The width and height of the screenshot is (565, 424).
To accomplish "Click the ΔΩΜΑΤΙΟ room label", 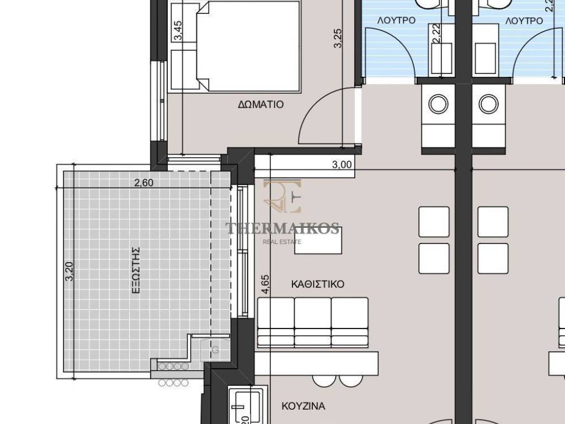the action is coord(261,104).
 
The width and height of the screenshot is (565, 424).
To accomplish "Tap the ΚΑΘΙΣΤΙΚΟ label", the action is coord(317,284).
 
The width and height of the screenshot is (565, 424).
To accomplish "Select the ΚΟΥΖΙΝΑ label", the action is coord(303,406).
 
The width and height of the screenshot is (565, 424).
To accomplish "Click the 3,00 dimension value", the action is coord(342,165).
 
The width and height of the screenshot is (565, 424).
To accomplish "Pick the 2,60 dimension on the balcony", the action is coord(143,183).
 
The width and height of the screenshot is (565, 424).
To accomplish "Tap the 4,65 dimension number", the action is coord(265,285).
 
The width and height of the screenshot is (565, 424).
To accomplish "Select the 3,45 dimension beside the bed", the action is coord(178,31).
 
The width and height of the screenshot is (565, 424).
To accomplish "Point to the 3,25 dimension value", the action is coord(338,38).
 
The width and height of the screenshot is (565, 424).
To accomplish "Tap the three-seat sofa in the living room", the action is coord(313,322).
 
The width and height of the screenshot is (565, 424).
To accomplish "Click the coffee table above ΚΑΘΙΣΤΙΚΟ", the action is coord(318,241).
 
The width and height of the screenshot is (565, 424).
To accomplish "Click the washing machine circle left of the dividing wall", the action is coord(438,104).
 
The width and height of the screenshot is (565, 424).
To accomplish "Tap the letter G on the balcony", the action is coord(215,349).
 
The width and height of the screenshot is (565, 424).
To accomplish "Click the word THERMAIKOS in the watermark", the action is coord(282,228).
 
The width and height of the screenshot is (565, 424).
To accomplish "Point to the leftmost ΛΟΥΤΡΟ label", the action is coord(396,20).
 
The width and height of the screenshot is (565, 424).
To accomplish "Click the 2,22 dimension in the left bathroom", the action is coord(437,33).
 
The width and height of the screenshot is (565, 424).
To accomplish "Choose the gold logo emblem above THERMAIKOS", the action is coord(282,196).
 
